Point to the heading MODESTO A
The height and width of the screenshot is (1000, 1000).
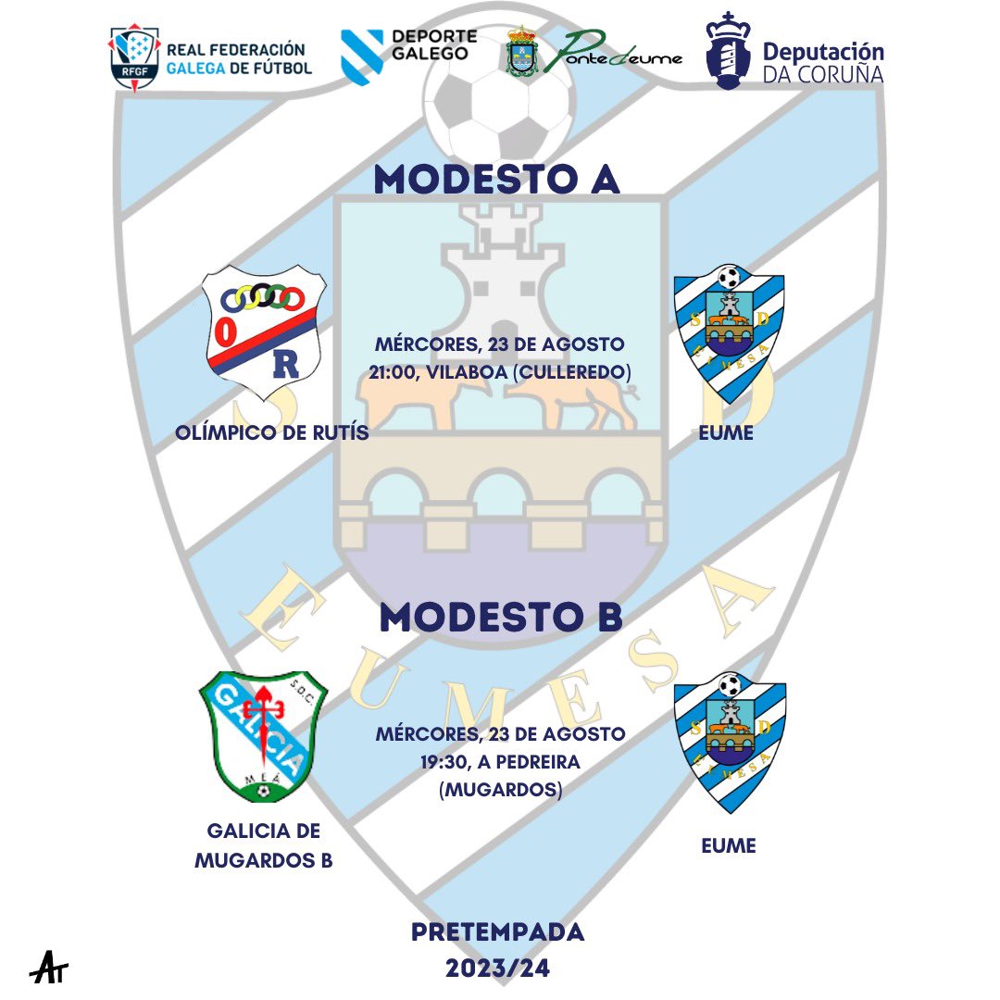point(496,181)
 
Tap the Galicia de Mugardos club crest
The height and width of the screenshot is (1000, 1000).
point(263,735)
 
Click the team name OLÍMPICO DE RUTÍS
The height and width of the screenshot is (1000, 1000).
point(270,432)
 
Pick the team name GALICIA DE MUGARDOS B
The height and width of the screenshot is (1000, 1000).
point(264,845)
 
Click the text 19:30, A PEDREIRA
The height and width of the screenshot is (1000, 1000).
point(500,763)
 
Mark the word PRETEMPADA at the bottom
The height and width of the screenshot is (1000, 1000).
point(498,931)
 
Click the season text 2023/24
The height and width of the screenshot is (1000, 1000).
point(498,969)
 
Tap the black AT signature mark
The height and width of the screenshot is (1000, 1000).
point(49,968)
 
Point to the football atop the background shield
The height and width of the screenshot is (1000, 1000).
point(497,98)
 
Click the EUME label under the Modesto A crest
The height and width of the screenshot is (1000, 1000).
point(728,432)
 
